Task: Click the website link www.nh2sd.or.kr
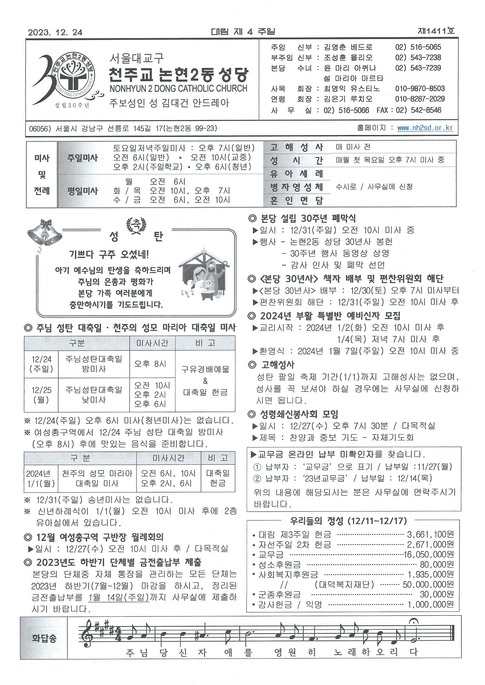[425, 128]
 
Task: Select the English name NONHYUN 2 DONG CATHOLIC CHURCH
[178, 88]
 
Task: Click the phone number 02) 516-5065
[418, 47]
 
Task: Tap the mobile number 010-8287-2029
[420, 99]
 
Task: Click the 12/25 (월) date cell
[42, 394]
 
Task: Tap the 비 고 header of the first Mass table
[205, 343]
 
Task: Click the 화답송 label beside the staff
[44, 638]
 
